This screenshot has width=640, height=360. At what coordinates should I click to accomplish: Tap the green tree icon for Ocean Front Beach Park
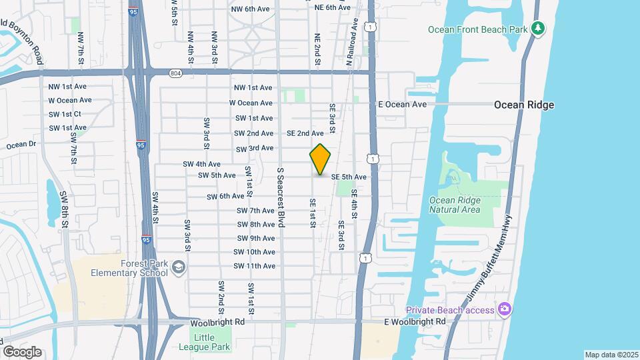pos(537,29)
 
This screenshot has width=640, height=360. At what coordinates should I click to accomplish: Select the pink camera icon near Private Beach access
pos(505,309)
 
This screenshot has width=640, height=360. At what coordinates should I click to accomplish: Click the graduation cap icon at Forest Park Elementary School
pos(178,268)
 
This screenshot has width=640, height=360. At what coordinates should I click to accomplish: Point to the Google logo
pos(22,351)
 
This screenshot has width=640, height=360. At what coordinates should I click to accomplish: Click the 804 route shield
pos(175,73)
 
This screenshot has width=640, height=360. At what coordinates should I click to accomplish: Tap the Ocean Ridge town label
pos(523,105)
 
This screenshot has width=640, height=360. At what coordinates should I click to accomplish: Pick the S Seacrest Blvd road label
pos(281,197)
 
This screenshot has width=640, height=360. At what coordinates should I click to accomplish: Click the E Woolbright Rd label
pos(414,321)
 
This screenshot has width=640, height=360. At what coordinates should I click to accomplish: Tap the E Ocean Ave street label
pos(402,105)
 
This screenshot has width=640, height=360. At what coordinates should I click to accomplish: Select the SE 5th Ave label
pos(349,177)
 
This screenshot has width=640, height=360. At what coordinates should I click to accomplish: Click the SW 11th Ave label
pos(254,266)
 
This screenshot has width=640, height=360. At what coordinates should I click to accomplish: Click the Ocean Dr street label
pos(21,145)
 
